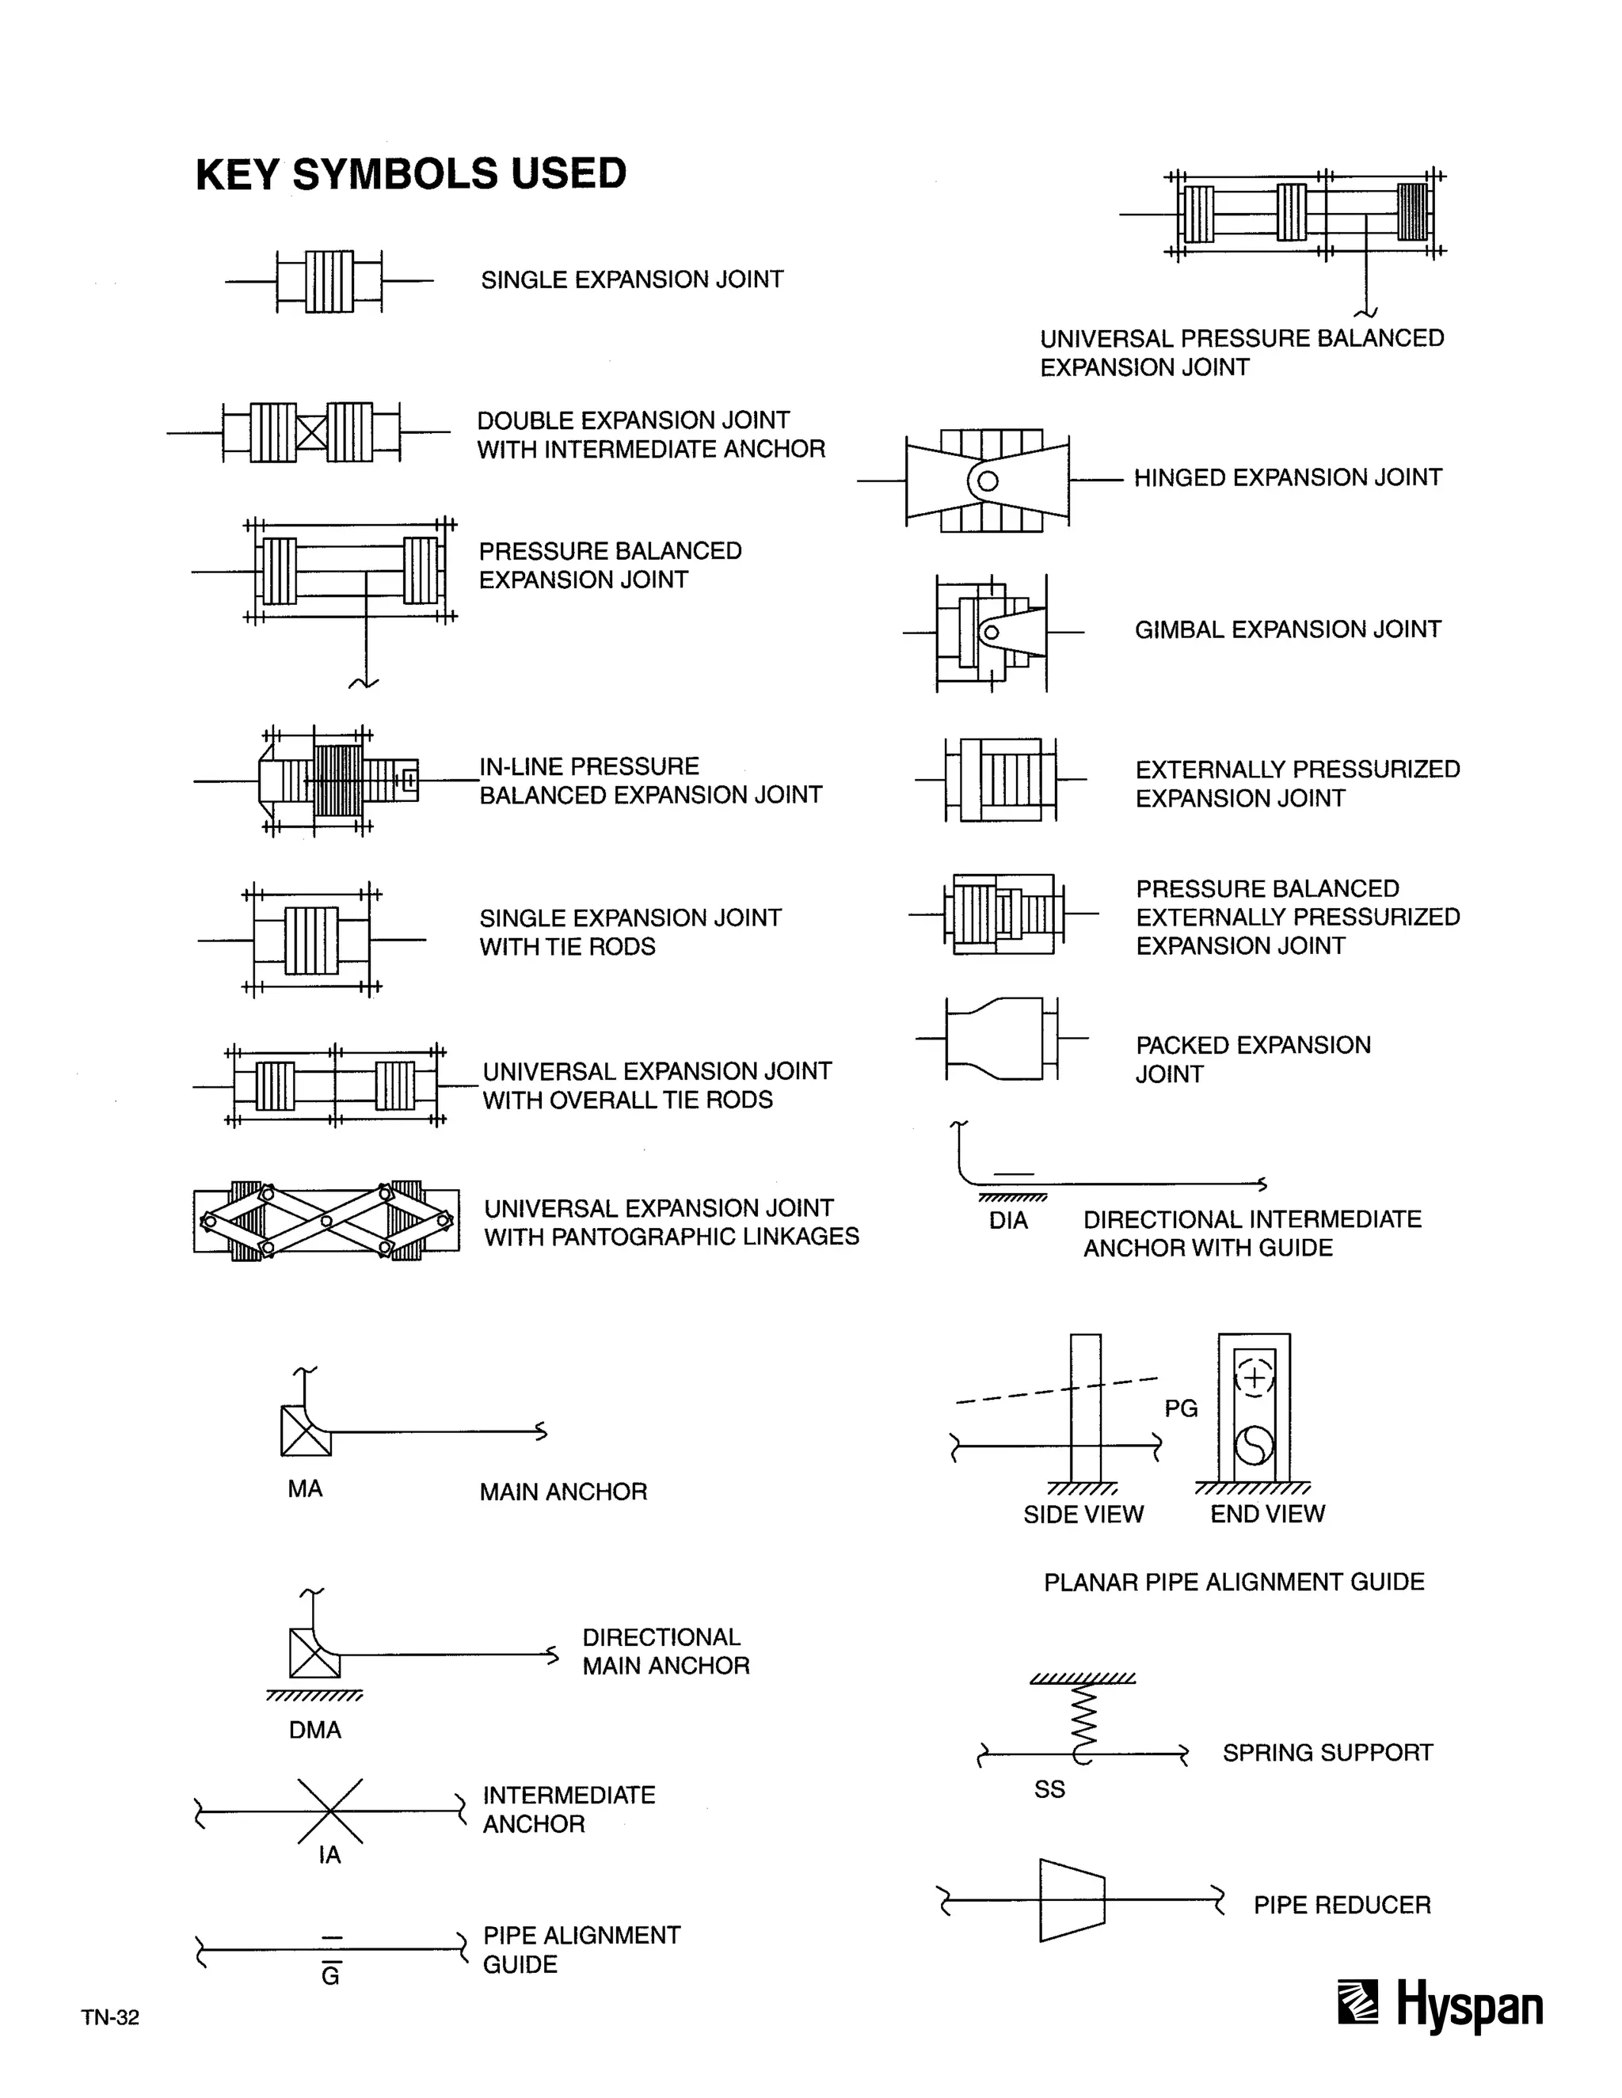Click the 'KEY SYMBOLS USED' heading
(410, 174)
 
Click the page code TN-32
(111, 2017)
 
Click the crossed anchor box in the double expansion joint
(311, 432)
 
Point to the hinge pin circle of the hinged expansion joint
(988, 481)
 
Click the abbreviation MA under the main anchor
(305, 1489)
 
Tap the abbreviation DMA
(315, 1730)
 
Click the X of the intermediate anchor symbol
(329, 1811)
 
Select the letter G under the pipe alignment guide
(330, 1976)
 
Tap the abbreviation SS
(1049, 1788)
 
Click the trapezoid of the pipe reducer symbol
(1072, 1900)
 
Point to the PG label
(1181, 1408)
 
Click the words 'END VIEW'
(1266, 1514)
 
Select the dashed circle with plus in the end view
(1253, 1378)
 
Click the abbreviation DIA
(1008, 1221)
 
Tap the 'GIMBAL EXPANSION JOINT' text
(1288, 629)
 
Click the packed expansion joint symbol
(999, 1039)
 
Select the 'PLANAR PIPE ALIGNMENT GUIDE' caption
(1234, 1582)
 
